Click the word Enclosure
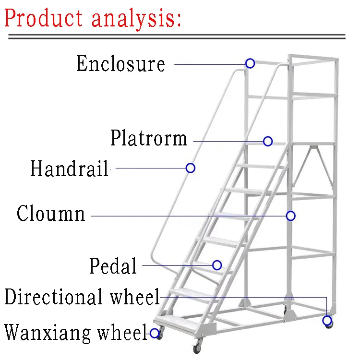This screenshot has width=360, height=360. click(x=120, y=64)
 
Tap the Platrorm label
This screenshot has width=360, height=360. click(x=149, y=138)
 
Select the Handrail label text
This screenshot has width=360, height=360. click(x=70, y=168)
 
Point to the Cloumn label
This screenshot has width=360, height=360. click(x=51, y=214)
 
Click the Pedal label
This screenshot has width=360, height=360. click(x=113, y=265)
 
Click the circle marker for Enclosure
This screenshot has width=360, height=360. click(x=250, y=63)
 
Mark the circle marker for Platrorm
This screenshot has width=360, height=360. click(x=268, y=141)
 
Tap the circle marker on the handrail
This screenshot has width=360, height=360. click(x=191, y=168)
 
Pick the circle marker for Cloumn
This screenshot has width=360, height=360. click(x=290, y=216)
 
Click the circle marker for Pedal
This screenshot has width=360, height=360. click(x=217, y=265)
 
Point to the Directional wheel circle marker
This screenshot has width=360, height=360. click(x=327, y=320)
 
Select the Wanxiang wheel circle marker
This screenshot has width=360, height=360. click(x=155, y=333)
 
